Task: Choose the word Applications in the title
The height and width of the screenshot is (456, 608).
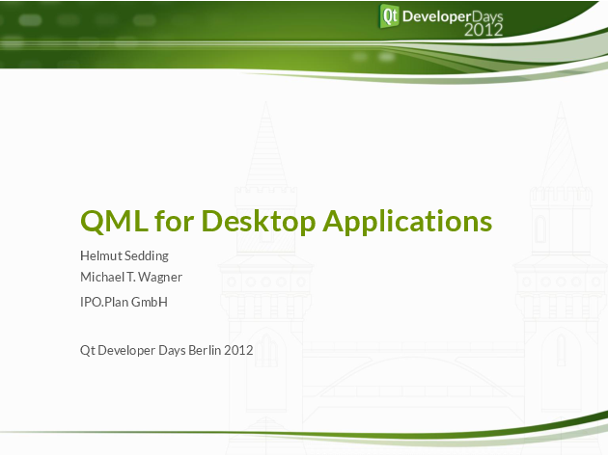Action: [407, 221]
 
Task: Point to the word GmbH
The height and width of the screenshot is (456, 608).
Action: [150, 302]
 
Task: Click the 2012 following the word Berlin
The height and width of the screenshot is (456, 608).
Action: [238, 351]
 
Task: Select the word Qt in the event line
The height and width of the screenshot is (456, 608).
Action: [87, 351]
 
